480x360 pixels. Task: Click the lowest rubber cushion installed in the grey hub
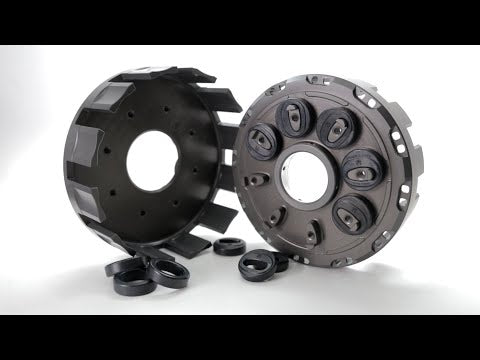352,212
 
